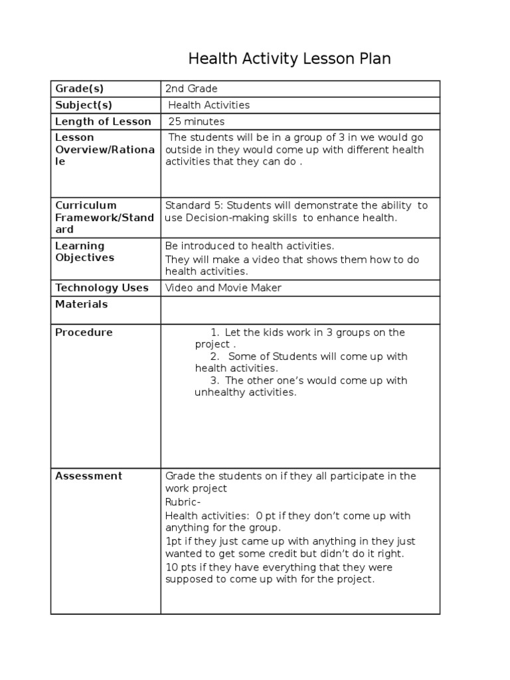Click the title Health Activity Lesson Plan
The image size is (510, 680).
(290, 59)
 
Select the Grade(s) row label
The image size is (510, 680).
(80, 89)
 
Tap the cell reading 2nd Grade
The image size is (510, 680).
(191, 89)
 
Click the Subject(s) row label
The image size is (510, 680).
(84, 105)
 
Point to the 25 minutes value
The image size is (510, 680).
(197, 122)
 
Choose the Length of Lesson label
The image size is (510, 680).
(103, 122)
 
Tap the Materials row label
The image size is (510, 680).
(81, 304)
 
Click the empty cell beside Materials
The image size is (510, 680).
(300, 309)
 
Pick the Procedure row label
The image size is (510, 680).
(84, 332)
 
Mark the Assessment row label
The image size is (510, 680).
(88, 475)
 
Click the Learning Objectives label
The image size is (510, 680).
(84, 252)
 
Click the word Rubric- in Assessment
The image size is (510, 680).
(182, 502)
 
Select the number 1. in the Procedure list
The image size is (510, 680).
(214, 333)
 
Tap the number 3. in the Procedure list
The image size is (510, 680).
(214, 381)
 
